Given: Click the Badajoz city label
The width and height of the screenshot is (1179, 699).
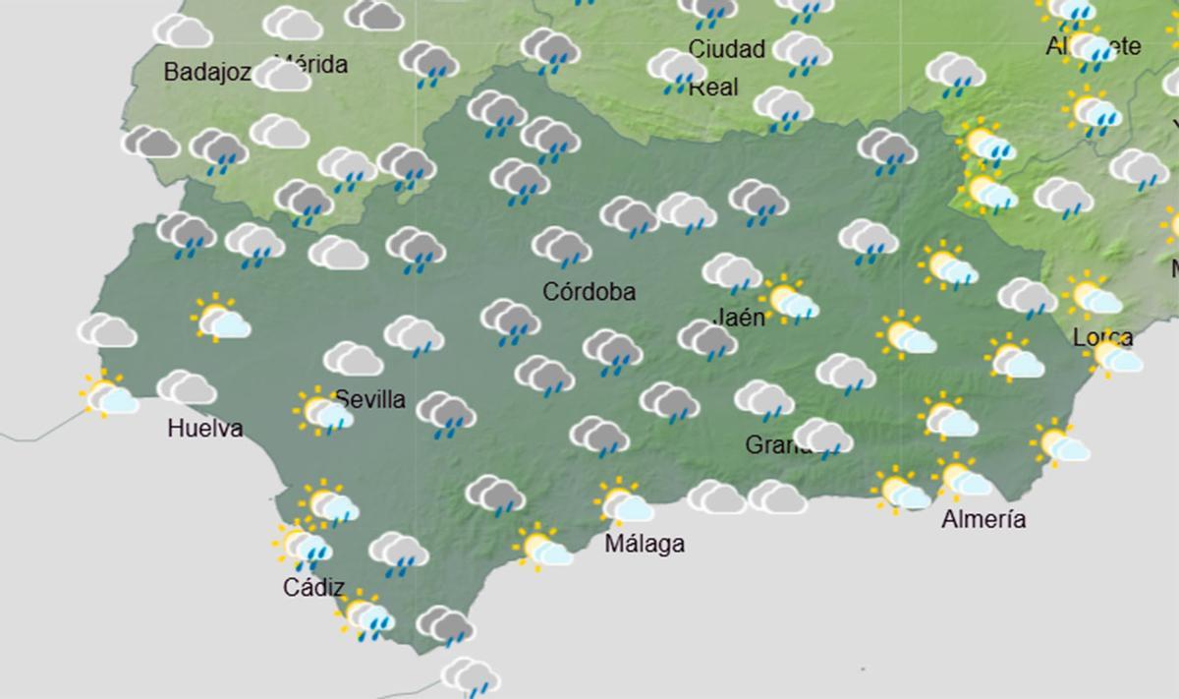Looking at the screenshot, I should [x=207, y=72].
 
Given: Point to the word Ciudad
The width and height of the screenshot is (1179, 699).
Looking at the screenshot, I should [x=727, y=49].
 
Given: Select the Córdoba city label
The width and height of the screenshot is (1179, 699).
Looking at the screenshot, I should [x=589, y=292].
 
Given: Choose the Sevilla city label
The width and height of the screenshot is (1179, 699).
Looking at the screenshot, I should [x=370, y=399].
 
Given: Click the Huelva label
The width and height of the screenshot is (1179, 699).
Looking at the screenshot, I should [x=204, y=429].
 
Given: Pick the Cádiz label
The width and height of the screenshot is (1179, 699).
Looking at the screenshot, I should [x=313, y=588].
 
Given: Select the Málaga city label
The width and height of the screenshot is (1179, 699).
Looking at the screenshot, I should [x=645, y=544].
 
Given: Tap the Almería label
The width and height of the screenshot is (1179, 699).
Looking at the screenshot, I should [x=983, y=520].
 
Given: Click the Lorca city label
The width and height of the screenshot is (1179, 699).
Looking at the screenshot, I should [x=1102, y=338].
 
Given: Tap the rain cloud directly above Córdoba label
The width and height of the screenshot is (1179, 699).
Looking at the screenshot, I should [x=562, y=247].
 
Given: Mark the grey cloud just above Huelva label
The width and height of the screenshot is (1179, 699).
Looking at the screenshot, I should [x=187, y=388].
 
